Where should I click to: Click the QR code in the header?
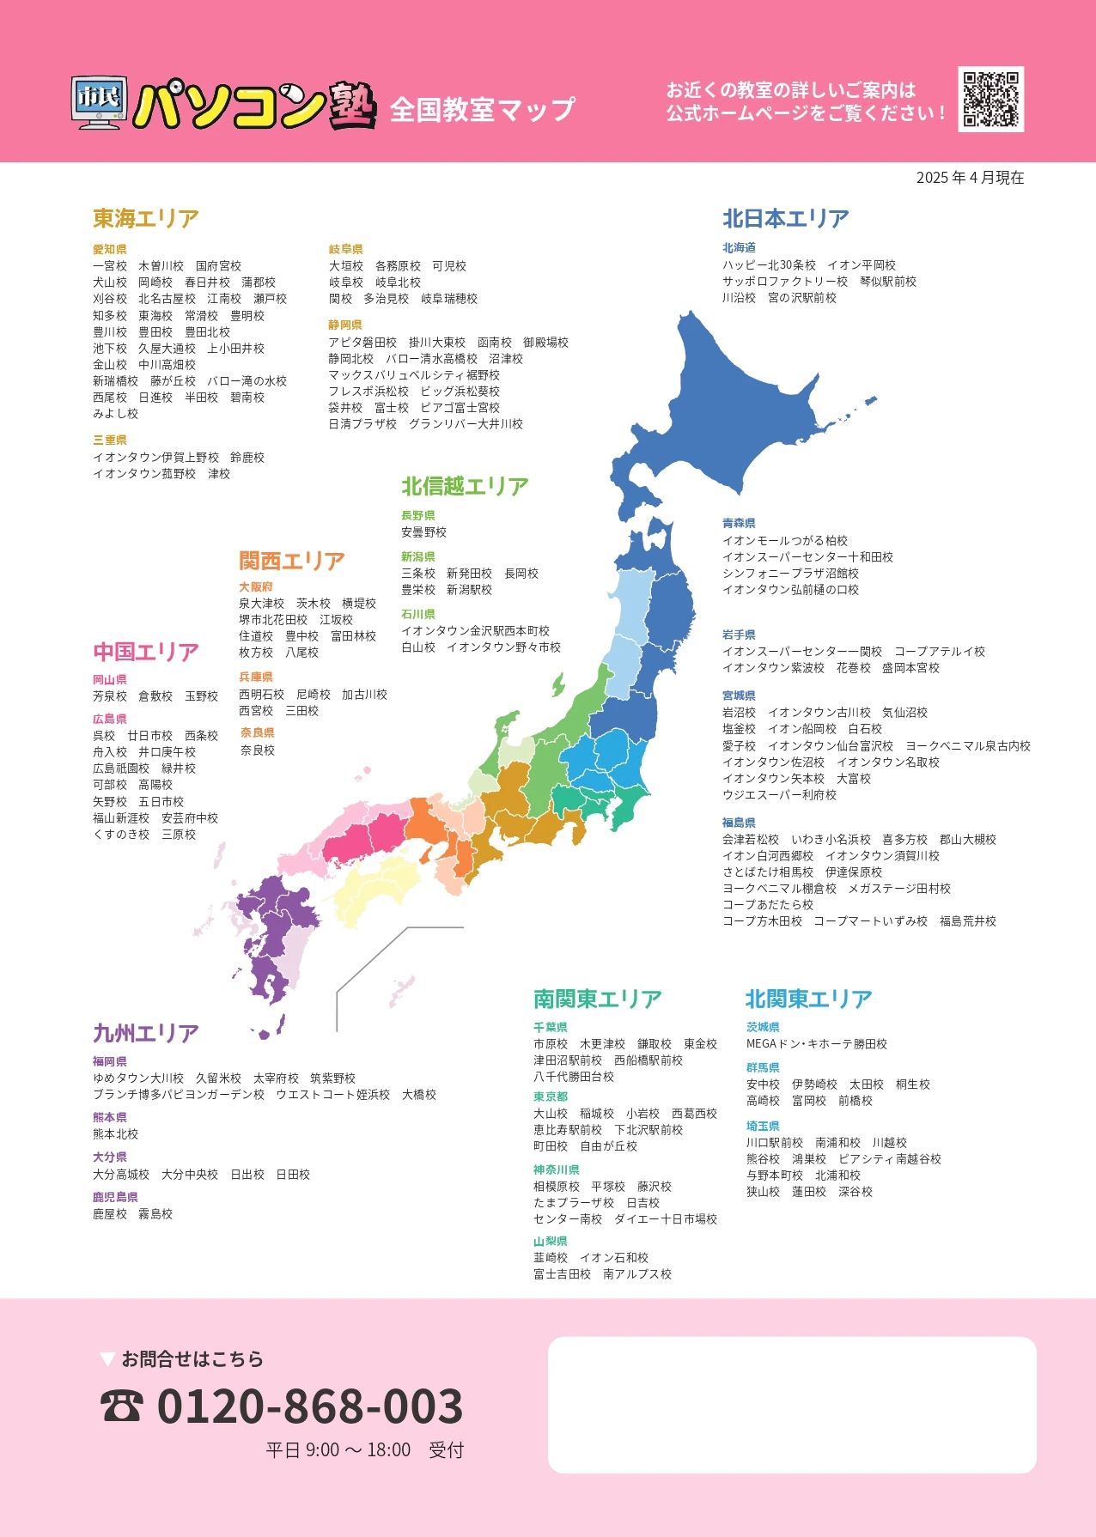click(990, 99)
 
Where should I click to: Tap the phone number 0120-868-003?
click(310, 1406)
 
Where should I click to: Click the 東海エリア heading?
click(146, 218)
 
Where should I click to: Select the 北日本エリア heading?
click(785, 218)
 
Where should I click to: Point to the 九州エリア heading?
click(146, 1033)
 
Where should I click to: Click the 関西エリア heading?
click(292, 561)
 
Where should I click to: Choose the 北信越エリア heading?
click(465, 486)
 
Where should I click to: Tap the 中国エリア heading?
click(146, 652)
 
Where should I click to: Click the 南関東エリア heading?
click(598, 999)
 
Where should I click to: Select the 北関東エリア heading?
click(808, 999)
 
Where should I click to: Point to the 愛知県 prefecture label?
click(110, 249)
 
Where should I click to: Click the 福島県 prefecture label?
click(739, 822)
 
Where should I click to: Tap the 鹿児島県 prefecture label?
click(115, 1196)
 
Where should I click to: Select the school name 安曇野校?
click(423, 532)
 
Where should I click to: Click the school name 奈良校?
click(258, 750)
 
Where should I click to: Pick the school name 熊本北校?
click(115, 1133)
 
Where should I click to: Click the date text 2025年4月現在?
click(970, 178)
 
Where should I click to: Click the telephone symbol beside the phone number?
click(122, 1406)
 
